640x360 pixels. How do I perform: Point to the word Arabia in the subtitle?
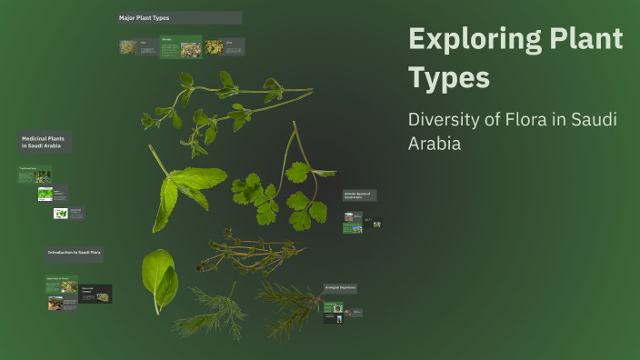click(435, 144)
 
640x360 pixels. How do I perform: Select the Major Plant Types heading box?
click(179, 17)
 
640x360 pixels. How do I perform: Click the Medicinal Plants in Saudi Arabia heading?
click(45, 142)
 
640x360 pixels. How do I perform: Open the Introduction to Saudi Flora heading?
click(74, 252)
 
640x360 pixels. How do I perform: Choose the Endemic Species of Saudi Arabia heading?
click(359, 195)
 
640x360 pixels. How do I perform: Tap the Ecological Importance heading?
click(340, 288)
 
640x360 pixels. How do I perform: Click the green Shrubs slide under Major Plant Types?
click(181, 47)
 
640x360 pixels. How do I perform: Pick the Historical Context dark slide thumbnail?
click(95, 294)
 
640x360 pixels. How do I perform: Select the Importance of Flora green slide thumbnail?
click(62, 285)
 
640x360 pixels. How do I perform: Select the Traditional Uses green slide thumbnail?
click(35, 175)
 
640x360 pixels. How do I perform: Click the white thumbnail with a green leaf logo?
click(61, 214)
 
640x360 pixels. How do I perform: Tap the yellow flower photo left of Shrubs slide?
click(128, 47)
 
